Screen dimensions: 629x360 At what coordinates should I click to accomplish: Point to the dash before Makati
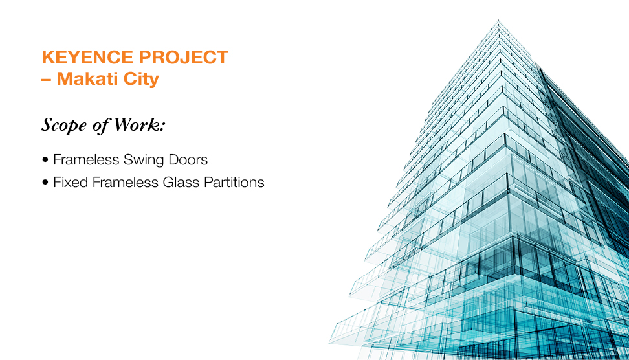(46, 80)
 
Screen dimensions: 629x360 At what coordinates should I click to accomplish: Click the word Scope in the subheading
(64, 126)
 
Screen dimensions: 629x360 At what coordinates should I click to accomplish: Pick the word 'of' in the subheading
(100, 126)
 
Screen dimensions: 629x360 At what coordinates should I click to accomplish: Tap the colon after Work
(162, 127)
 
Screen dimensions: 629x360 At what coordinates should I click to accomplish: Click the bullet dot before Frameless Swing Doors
(45, 160)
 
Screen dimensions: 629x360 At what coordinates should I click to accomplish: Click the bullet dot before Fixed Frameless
(45, 182)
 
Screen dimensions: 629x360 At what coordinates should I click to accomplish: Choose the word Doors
(188, 160)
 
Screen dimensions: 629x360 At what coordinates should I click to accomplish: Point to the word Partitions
(234, 182)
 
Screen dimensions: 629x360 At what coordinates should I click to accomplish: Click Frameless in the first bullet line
(86, 160)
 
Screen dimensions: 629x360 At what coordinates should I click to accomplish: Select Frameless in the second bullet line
(125, 182)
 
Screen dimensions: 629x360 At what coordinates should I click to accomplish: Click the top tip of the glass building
(498, 20)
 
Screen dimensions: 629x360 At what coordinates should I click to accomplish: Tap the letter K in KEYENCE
(48, 57)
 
